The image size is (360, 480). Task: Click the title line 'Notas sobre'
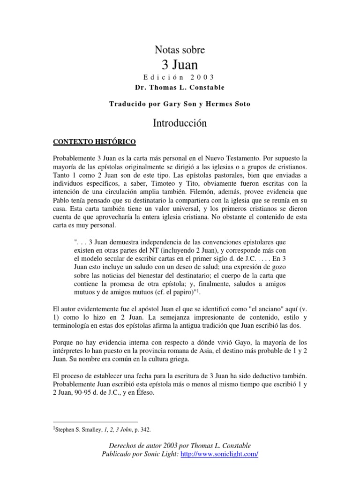(x=180, y=49)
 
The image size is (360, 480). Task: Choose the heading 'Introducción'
(x=180, y=123)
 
